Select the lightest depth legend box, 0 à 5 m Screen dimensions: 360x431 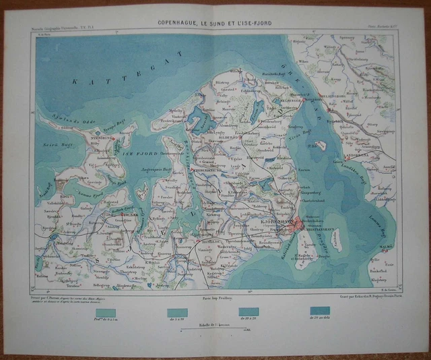(105, 312)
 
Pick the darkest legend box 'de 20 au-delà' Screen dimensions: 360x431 (319, 312)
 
